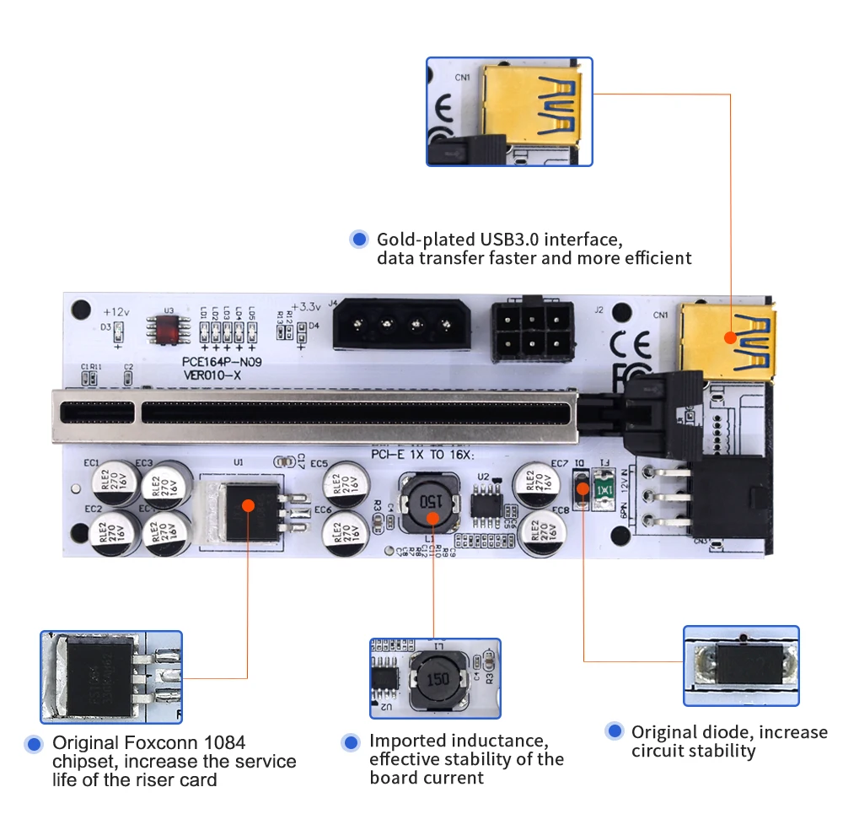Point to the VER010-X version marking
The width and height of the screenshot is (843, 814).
(x=211, y=375)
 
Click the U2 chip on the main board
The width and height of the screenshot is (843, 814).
(x=485, y=504)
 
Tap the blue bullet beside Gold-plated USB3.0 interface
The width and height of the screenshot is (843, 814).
(x=359, y=240)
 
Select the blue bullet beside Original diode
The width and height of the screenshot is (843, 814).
(x=615, y=731)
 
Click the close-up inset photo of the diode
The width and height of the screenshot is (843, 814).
(x=740, y=666)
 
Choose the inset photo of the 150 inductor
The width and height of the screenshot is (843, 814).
(x=434, y=677)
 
